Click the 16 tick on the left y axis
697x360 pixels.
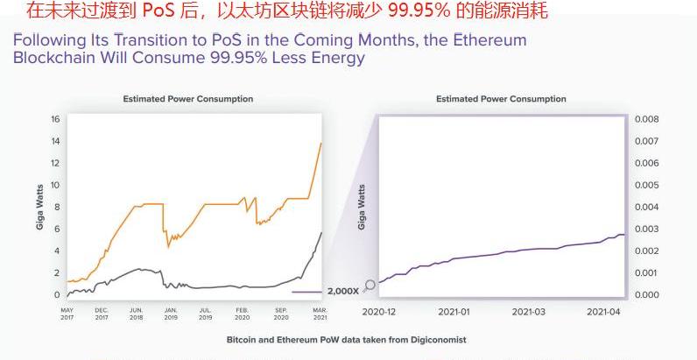coord(55,119)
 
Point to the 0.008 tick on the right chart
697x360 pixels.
coord(646,119)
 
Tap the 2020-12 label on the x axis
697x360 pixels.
coord(379,312)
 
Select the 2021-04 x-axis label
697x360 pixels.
coord(603,312)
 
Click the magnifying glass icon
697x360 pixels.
coord(370,285)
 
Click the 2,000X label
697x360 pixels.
coord(342,291)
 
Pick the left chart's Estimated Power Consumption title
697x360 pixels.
coord(187,99)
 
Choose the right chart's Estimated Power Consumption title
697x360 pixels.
coord(501,99)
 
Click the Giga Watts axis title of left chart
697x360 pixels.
coord(39,207)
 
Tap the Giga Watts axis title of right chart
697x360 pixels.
coord(363,207)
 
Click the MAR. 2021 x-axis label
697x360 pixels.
coord(320,314)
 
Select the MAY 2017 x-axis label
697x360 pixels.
coord(67,314)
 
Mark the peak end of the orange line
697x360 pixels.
coord(321,143)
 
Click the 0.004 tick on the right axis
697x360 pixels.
coord(646,207)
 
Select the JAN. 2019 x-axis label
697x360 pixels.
coord(171,314)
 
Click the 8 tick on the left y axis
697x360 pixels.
coord(56,207)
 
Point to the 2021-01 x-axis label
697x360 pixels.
coord(454,312)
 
